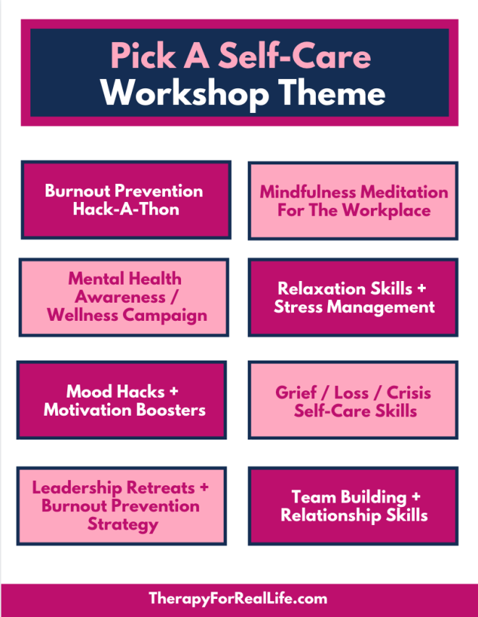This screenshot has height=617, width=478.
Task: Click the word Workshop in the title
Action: click(185, 93)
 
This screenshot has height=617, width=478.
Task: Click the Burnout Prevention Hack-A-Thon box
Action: click(126, 199)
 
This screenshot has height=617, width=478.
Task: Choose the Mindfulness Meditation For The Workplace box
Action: click(353, 201)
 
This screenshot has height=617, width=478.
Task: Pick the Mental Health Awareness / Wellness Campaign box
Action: click(124, 297)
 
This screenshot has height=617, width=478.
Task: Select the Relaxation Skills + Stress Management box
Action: click(353, 297)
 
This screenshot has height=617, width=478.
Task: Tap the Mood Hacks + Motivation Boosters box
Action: click(122, 400)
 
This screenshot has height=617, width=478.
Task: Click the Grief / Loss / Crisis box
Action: click(353, 400)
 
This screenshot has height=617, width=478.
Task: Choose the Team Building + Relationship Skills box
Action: click(353, 505)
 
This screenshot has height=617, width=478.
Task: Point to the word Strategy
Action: click(122, 525)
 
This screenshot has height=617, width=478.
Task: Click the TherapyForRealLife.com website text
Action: click(238, 599)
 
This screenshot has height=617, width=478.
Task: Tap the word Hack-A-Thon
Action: click(126, 209)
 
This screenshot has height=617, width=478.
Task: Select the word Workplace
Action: click(386, 211)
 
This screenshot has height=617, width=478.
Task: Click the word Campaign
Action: click(165, 316)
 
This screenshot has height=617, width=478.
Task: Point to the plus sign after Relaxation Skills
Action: click(422, 288)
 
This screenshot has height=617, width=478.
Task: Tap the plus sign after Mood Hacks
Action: click(174, 392)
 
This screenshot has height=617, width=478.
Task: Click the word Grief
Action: click(295, 393)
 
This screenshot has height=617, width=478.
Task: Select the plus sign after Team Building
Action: click(416, 497)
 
